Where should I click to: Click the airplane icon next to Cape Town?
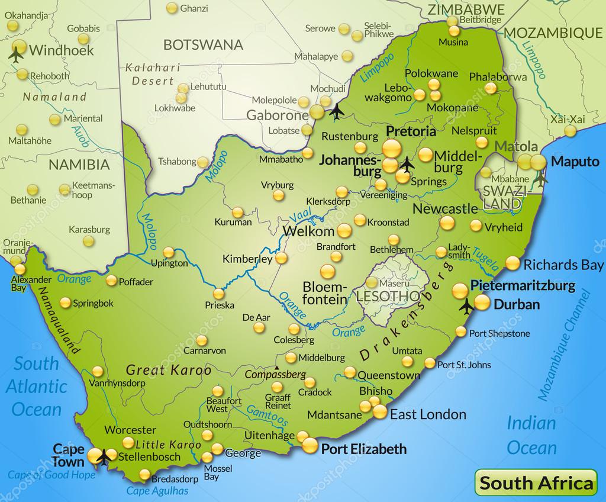pyautogui.click(x=105, y=456)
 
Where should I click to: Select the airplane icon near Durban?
pyautogui.click(x=466, y=307)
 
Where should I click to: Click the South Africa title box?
pyautogui.click(x=536, y=482)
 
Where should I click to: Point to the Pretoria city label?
pyautogui.click(x=411, y=131)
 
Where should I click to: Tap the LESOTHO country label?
pyautogui.click(x=388, y=295)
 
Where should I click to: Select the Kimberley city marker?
pyautogui.click(x=281, y=258)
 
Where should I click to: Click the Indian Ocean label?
pyautogui.click(x=531, y=435)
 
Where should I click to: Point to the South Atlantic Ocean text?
pyautogui.click(x=37, y=386)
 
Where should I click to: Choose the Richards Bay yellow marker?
pyautogui.click(x=512, y=263)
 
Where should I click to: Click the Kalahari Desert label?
pyautogui.click(x=149, y=75)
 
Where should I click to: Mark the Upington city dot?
pyautogui.click(x=169, y=251)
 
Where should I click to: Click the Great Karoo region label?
pyautogui.click(x=169, y=371)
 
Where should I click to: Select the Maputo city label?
pyautogui.click(x=575, y=161)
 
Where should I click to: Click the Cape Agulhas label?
pyautogui.click(x=157, y=490)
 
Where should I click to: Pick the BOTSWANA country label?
pyautogui.click(x=203, y=44)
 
